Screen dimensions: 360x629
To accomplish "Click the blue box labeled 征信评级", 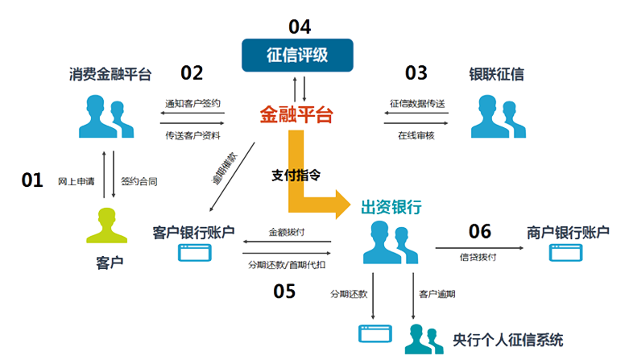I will [x=299, y=56].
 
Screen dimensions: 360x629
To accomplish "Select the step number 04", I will [x=299, y=25].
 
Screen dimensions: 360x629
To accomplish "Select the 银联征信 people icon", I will [x=494, y=117].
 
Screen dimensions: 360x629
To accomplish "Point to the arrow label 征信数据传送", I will [x=417, y=105].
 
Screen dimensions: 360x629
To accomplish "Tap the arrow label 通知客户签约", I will [x=192, y=105].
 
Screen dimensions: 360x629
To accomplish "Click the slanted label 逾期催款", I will [x=224, y=168].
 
